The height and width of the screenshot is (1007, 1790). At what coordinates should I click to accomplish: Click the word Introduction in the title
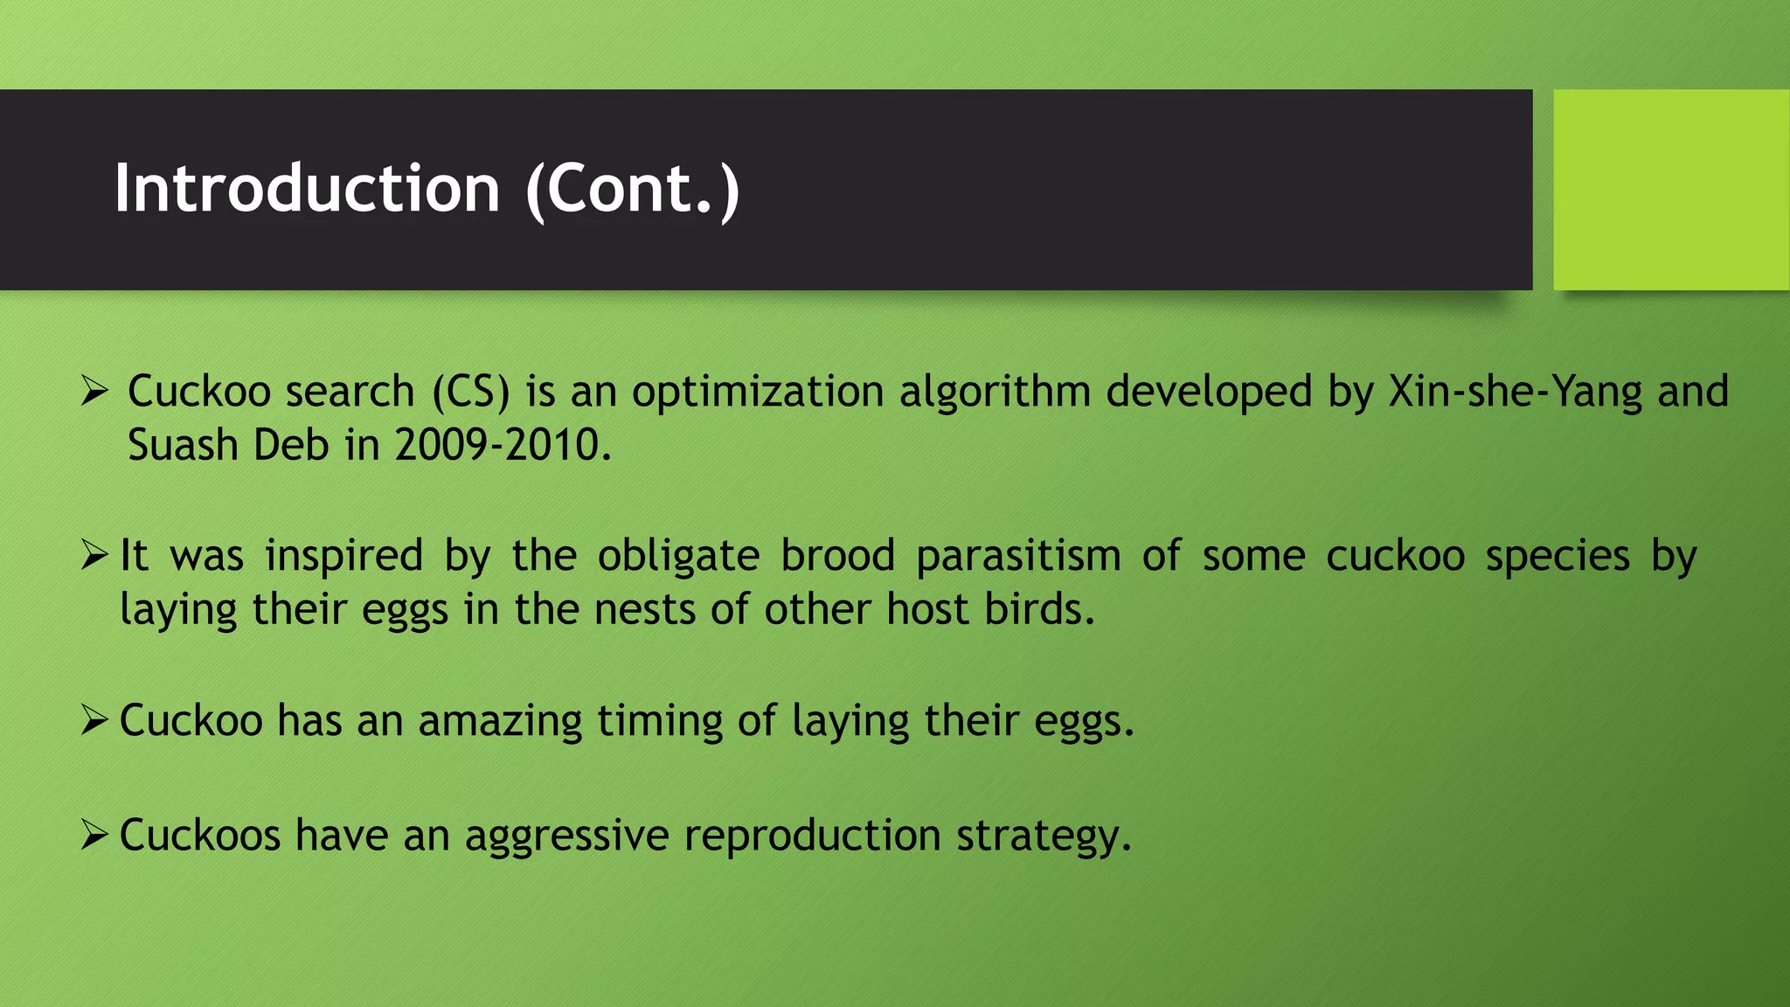coord(307,189)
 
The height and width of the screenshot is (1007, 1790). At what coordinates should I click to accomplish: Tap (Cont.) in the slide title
coord(633,189)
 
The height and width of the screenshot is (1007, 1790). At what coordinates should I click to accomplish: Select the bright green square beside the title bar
coord(1670,190)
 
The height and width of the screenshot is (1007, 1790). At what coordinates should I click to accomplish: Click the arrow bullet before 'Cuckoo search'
coord(94,390)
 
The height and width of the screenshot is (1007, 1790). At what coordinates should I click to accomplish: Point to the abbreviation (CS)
coord(471,391)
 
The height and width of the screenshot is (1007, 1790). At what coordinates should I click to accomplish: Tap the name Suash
coord(183,445)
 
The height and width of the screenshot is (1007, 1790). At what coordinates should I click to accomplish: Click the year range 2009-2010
coord(503,445)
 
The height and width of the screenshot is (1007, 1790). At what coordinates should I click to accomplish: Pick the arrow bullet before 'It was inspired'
coord(94,554)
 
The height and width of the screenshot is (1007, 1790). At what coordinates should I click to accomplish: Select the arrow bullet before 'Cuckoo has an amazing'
coord(94,719)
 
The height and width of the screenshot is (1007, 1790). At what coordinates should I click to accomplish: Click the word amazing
coord(500,721)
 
